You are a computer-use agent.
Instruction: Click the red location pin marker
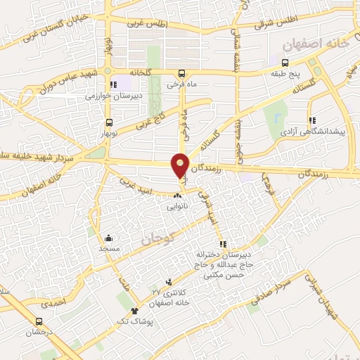tap(181, 165)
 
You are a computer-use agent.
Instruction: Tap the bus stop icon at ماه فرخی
tap(182, 72)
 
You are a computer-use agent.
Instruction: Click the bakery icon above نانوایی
tap(178, 195)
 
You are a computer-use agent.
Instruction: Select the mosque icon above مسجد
tap(108, 238)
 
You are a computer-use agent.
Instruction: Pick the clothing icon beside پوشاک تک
tap(134, 310)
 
